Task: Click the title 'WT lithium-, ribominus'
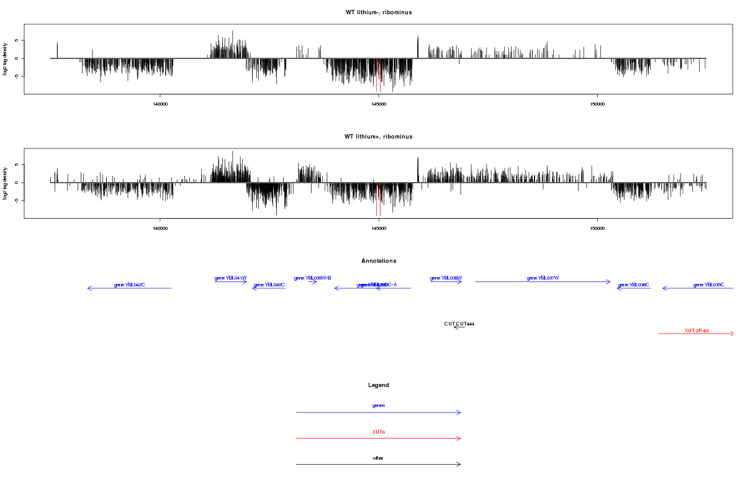(378, 12)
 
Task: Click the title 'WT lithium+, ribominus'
(378, 137)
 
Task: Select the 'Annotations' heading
(379, 261)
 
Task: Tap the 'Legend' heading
(379, 385)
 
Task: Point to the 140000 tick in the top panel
(160, 104)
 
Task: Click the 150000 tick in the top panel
(597, 104)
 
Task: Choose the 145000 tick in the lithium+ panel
(379, 229)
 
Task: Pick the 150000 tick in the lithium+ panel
(597, 229)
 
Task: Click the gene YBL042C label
(129, 285)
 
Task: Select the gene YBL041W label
(231, 278)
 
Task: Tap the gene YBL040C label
(269, 285)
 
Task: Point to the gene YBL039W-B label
(312, 278)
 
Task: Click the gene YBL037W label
(543, 278)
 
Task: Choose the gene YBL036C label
(633, 285)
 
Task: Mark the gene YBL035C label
(708, 285)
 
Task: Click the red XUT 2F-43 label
(697, 331)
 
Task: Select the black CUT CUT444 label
(459, 324)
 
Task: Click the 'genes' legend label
(379, 406)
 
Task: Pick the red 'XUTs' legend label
(379, 432)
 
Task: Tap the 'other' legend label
(379, 458)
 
